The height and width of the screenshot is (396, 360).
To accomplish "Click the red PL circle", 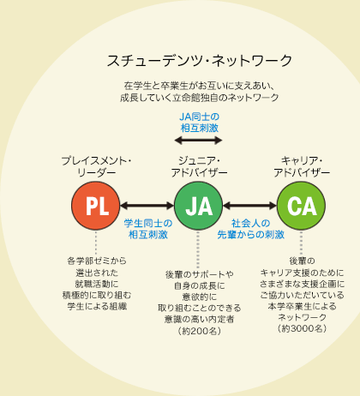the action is [96, 206].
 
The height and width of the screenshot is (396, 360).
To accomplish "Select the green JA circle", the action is [198, 206].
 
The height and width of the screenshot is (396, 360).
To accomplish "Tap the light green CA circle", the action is [301, 206].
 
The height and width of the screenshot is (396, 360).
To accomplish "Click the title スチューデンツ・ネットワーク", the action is [199, 61].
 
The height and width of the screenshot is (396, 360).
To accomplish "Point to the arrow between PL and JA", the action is [147, 206].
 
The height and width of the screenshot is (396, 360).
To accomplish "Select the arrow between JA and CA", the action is [249, 206].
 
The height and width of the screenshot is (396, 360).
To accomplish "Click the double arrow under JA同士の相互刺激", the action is [198, 141].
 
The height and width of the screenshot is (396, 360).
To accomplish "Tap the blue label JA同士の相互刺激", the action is [200, 123].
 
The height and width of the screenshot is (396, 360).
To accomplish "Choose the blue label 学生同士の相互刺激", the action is [148, 229].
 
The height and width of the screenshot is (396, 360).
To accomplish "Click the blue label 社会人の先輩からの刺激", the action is [251, 229].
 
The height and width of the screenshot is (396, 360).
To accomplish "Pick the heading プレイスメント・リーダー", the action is [96, 167].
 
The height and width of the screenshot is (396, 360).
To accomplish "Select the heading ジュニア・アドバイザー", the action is [199, 167].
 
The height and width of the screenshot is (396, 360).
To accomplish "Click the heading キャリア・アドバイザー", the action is [302, 167].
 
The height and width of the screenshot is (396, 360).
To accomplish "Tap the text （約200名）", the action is [199, 331].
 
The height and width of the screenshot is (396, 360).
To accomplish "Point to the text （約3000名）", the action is [302, 328].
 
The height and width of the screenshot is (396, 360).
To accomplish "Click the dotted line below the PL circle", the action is [96, 243].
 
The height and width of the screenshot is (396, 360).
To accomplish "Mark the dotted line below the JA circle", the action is [198, 249].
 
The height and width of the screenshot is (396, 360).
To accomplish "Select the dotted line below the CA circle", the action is [301, 243].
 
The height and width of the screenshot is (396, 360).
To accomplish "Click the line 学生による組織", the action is [97, 307].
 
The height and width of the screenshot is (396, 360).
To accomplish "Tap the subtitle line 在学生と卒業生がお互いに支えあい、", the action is [199, 86].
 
